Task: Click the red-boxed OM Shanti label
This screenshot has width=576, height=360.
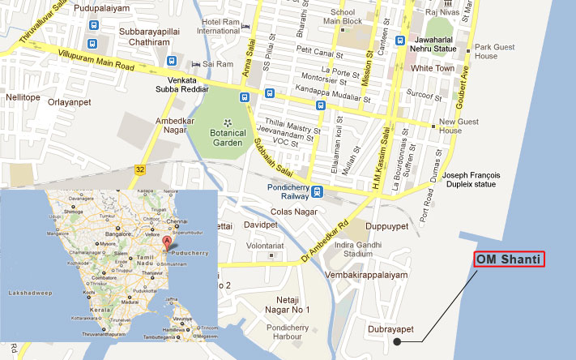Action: pos(509,259)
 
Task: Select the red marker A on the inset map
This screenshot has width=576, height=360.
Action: pos(167,242)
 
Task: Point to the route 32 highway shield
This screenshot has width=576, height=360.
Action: pos(139,169)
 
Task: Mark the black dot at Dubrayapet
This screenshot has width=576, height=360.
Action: pos(397,341)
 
